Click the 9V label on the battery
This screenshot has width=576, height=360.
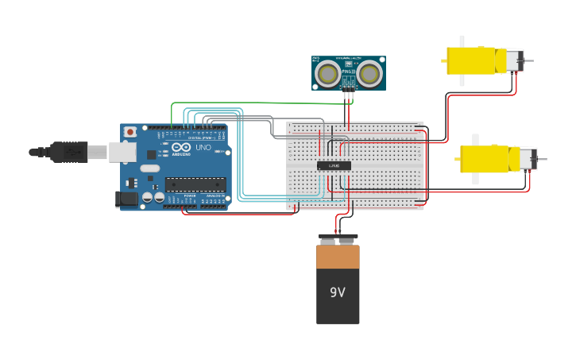pos(338,292)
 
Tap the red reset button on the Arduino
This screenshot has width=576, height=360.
pos(130,132)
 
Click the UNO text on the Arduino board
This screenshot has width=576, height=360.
pos(203,147)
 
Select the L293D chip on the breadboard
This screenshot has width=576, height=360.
pos(334,165)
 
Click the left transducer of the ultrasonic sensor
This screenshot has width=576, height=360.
pos(327,74)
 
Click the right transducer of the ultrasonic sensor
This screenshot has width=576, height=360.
pos(368,74)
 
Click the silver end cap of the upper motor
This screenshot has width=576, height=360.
pos(515,60)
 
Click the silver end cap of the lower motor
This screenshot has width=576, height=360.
pos(528,158)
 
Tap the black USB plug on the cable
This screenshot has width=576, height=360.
pos(70,151)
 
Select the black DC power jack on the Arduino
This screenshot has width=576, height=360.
pos(126,199)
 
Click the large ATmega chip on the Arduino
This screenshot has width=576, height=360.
pos(195,184)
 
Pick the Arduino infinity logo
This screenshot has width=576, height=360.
pos(181,147)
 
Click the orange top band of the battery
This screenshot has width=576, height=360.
pos(338,256)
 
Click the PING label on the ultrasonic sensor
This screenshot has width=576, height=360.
pos(348,72)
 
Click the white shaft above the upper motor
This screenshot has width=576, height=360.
pos(461,41)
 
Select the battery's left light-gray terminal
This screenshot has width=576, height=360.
pos(327,241)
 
